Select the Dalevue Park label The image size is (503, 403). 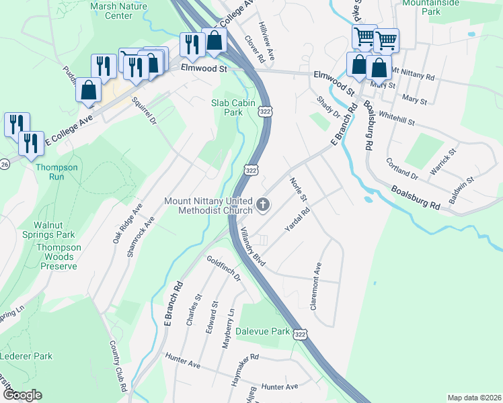click(263, 332)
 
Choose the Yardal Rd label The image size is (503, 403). click(297, 220)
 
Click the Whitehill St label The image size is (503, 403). click(395, 119)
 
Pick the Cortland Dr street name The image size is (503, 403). click(402, 169)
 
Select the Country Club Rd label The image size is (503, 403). click(118, 366)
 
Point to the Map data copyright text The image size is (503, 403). click(474, 398)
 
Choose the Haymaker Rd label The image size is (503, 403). click(245, 370)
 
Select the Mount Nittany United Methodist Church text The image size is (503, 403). click(208, 206)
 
